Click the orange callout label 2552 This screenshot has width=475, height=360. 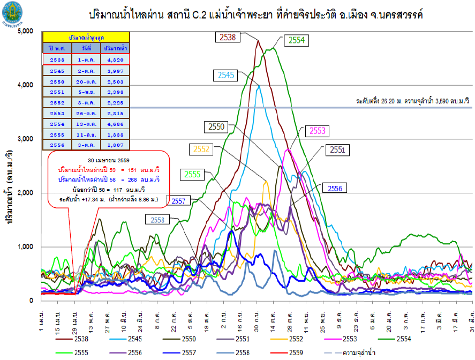(x=201, y=149)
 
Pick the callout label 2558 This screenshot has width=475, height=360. (x=157, y=220)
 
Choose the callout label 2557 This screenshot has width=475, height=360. (x=179, y=201)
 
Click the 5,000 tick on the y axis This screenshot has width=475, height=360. (x=25, y=32)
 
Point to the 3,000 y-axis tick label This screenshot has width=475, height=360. (x=25, y=139)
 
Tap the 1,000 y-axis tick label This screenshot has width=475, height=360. (x=25, y=247)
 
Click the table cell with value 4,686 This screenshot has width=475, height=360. (x=113, y=124)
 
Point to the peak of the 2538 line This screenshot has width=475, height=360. (x=258, y=40)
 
